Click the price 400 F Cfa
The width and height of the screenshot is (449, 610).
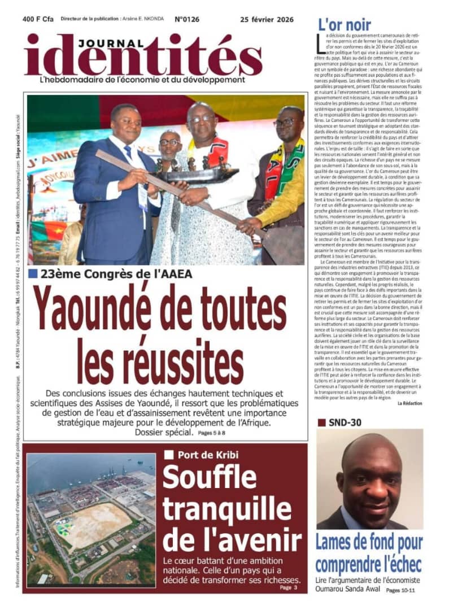point(38,19)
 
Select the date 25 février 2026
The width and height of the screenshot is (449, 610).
point(267,19)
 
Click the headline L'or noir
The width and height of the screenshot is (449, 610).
point(345,24)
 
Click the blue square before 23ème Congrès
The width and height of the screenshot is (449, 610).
point(33,274)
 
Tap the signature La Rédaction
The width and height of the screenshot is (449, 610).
point(409,403)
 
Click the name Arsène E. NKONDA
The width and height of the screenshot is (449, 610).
point(143,19)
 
